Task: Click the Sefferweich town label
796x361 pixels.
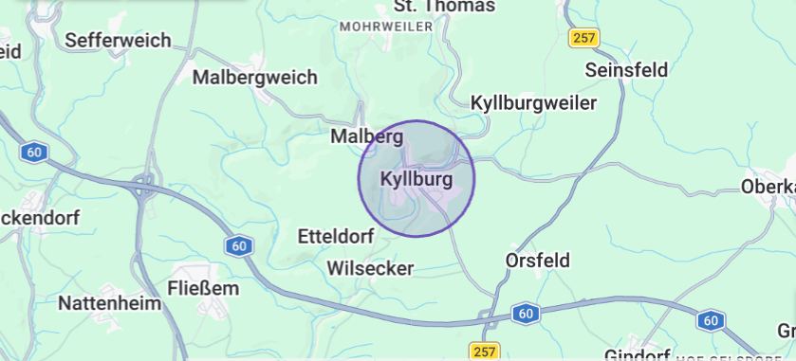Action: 119,40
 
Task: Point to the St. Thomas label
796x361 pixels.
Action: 444,7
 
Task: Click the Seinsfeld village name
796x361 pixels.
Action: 626,69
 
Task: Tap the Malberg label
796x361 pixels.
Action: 366,136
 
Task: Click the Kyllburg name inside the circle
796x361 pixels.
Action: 416,178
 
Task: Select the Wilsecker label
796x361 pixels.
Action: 370,268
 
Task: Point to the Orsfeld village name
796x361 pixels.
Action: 538,260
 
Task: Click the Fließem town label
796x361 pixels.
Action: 203,287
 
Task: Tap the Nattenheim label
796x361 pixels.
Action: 105,303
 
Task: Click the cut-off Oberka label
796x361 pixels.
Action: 769,186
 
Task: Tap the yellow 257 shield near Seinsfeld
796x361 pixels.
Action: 584,38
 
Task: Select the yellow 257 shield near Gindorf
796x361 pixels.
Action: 483,352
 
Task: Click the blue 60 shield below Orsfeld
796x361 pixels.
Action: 525,313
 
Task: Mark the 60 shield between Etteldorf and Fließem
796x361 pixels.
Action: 240,246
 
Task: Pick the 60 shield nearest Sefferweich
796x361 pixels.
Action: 35,152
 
